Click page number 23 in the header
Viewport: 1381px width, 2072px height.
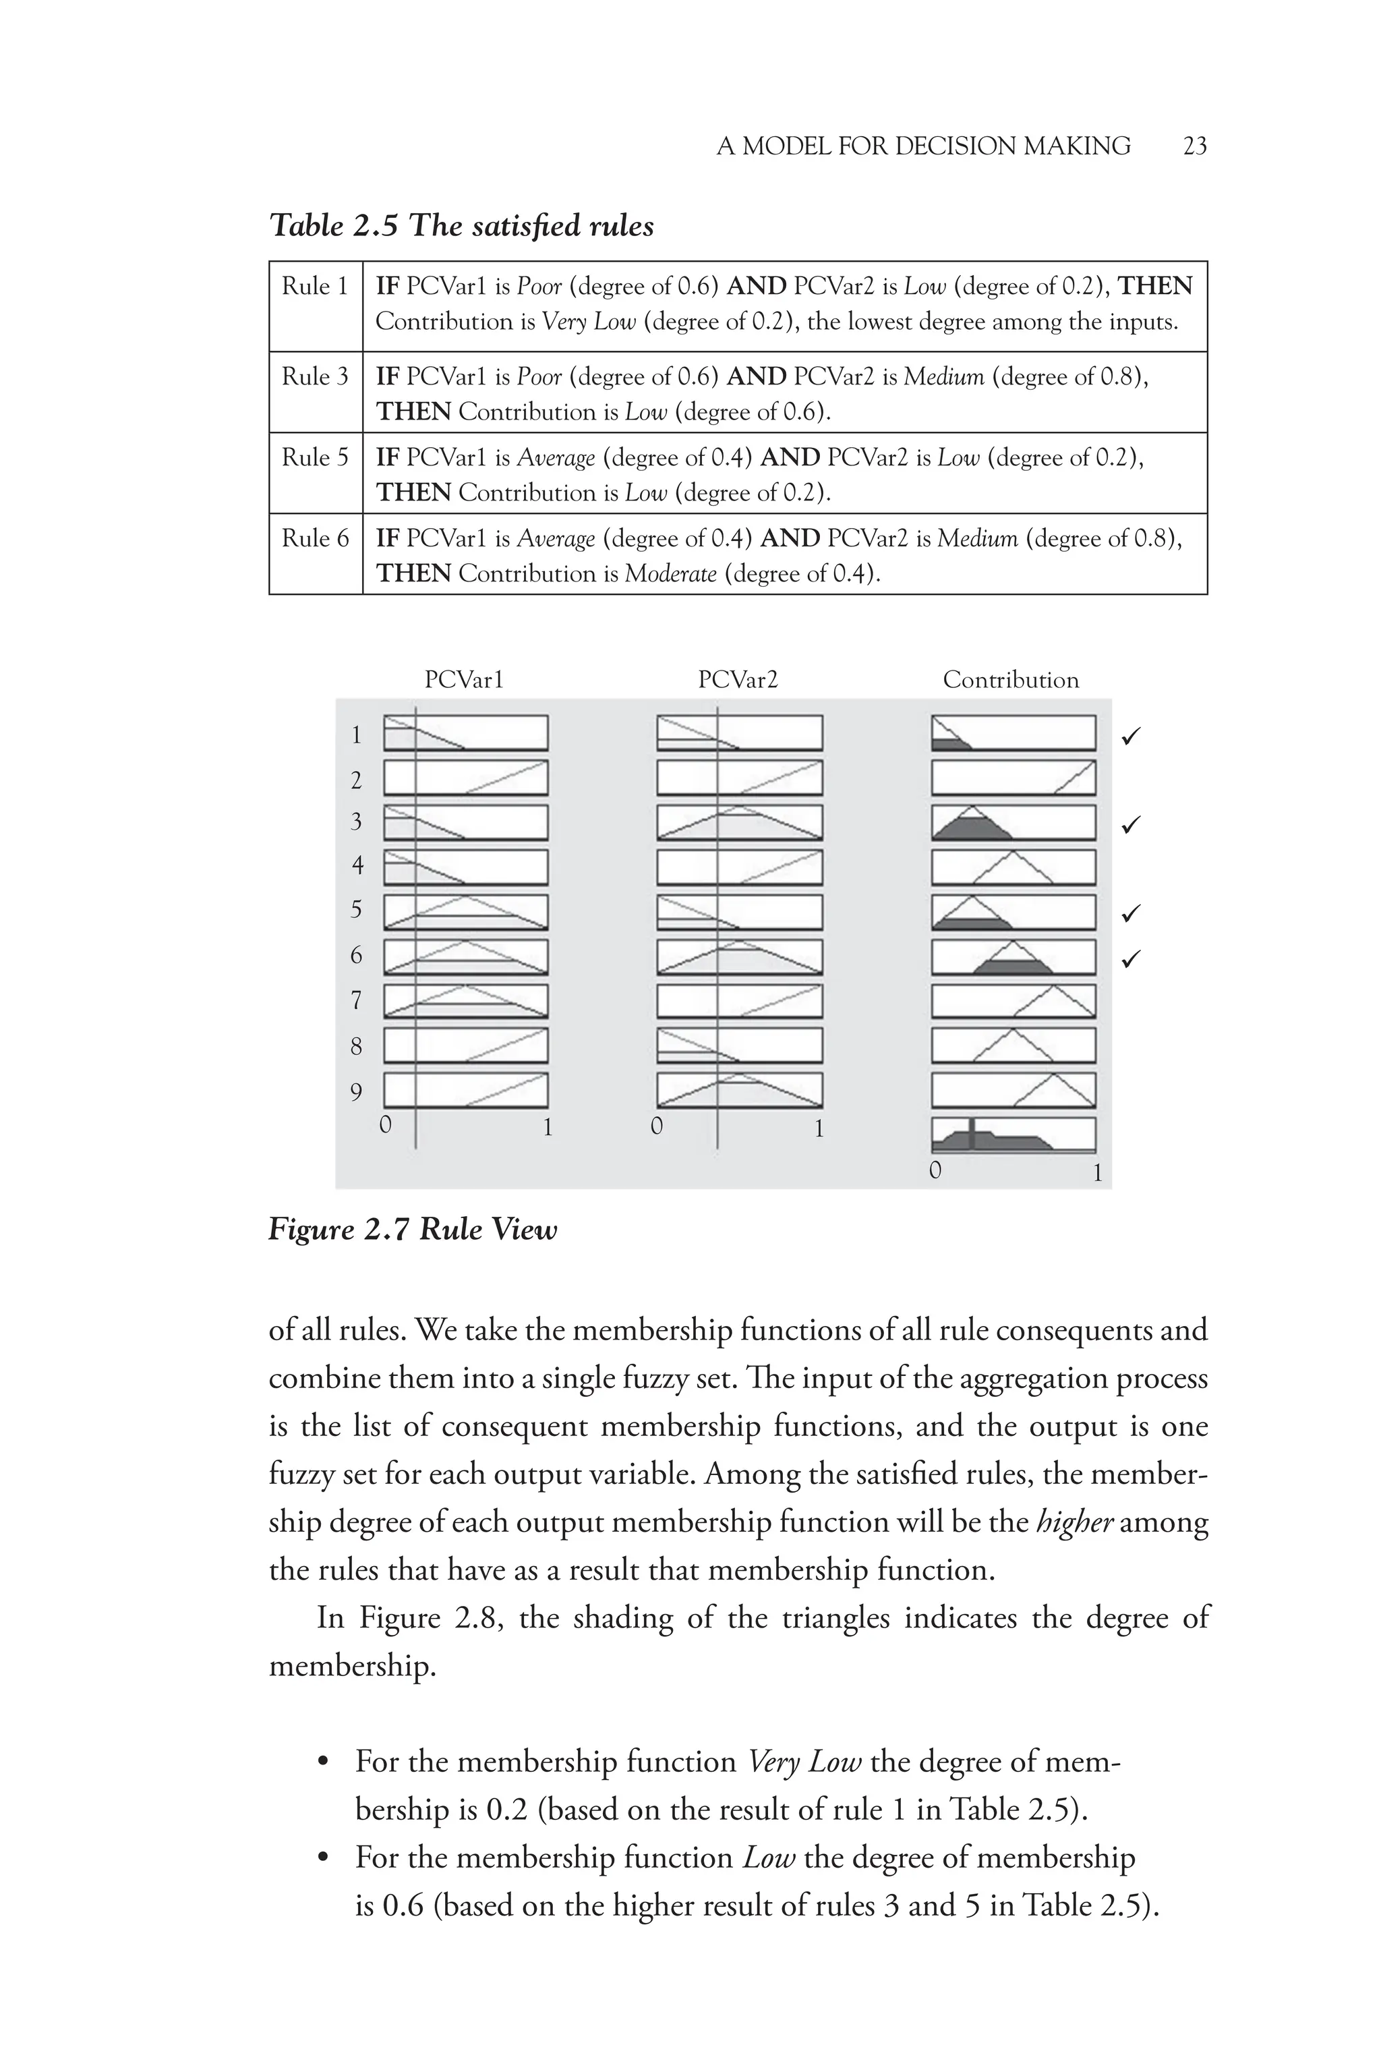1194,146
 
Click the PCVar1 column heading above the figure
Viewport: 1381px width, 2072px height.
463,680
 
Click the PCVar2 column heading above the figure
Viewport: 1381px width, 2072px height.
738,680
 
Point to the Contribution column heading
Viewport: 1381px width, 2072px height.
1010,680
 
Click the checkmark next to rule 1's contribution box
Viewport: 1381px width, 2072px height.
1132,736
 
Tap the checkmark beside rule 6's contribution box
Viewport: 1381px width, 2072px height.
1132,958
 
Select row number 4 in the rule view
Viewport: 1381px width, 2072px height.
357,865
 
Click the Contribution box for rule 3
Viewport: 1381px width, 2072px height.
1013,822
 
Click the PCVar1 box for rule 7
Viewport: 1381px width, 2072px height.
465,1001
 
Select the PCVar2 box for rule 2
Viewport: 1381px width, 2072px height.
739,778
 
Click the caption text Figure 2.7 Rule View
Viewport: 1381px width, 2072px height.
412,1229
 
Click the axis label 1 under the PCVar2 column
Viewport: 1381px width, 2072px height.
818,1128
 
